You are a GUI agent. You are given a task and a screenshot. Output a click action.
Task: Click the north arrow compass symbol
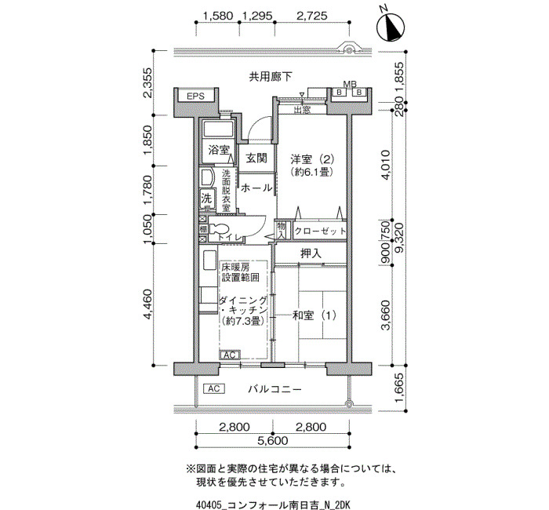click(x=391, y=27)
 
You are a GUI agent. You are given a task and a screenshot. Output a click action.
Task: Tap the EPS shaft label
click(x=195, y=96)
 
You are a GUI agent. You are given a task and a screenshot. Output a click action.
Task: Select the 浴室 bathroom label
click(x=219, y=150)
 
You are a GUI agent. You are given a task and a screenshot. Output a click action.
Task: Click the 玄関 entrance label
click(x=256, y=158)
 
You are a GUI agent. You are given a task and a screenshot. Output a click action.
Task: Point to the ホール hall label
click(x=256, y=188)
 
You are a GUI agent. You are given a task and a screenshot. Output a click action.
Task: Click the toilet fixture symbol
click(x=219, y=229)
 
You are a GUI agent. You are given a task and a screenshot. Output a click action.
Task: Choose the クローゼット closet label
click(x=320, y=231)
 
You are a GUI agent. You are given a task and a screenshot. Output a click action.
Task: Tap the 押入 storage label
click(x=311, y=253)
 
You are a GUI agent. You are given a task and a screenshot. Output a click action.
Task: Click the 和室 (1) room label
click(x=314, y=315)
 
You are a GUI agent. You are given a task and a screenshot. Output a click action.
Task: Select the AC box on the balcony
click(x=213, y=389)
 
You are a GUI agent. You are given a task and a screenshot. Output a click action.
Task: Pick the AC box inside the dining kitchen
click(x=229, y=355)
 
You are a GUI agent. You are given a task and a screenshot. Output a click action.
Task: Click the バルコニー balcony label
click(x=274, y=389)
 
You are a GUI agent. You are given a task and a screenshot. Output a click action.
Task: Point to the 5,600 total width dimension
click(x=273, y=441)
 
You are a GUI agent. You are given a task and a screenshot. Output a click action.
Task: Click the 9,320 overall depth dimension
click(x=398, y=238)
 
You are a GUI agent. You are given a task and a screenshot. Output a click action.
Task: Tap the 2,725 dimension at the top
click(x=312, y=16)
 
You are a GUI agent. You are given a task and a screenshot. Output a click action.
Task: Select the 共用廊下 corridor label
click(x=271, y=77)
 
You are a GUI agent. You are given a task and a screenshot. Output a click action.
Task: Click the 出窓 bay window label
click(x=302, y=110)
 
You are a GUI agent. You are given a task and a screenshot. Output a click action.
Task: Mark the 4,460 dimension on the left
click(x=147, y=304)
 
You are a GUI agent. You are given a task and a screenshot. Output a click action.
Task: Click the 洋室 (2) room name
click(x=312, y=160)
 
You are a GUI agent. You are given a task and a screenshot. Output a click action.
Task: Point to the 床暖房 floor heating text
click(x=235, y=268)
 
